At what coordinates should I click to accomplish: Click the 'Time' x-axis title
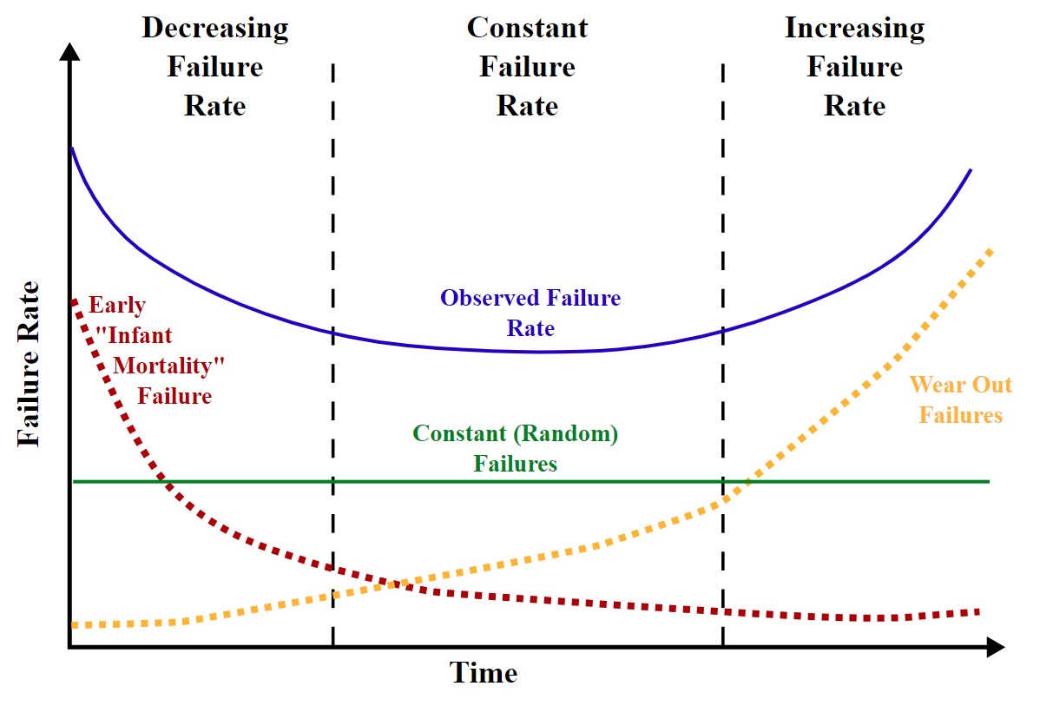pos(483,673)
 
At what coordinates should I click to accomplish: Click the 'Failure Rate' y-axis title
pos(29,365)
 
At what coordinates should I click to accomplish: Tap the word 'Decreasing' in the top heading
pos(214,29)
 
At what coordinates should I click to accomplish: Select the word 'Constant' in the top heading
pos(527,29)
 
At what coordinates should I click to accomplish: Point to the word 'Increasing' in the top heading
pos(854,29)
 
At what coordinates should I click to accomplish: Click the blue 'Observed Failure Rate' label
pos(530,313)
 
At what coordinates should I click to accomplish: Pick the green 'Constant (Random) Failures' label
pos(515,448)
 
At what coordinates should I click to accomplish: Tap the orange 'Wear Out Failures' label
pos(960,399)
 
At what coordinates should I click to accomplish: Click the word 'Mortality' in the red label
pos(163,366)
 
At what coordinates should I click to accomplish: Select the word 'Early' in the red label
pos(117,306)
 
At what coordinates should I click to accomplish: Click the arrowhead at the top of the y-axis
pos(69,47)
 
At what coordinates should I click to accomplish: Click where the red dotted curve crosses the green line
pos(161,480)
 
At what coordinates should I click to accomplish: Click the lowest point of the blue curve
pos(538,352)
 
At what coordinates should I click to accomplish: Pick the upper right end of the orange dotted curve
pos(989,251)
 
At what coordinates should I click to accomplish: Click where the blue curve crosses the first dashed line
pos(333,331)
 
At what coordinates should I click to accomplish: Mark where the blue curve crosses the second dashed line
pos(722,330)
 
